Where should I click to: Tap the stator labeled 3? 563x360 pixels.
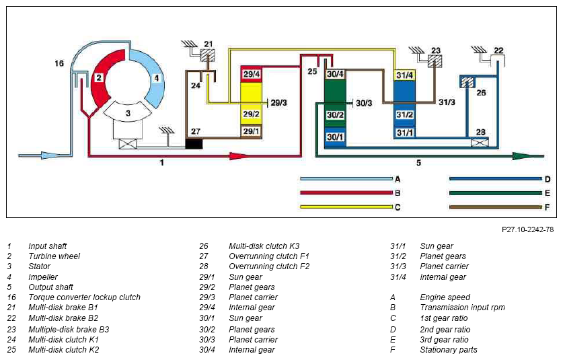click(128, 112)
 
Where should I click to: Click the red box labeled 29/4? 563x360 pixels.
click(251, 75)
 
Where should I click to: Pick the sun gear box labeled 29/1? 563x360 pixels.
click(251, 131)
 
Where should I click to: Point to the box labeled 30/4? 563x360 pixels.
click(335, 74)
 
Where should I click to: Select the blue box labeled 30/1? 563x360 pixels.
click(335, 137)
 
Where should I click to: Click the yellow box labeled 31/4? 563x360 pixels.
click(404, 75)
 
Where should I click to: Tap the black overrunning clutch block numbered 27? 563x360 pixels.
click(194, 144)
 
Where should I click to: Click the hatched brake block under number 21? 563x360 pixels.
click(208, 56)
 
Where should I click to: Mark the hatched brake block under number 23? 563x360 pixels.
click(435, 61)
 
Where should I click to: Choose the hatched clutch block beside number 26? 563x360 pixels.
click(468, 82)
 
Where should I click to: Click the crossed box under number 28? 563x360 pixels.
click(480, 142)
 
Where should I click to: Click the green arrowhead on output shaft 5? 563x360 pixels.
click(523, 156)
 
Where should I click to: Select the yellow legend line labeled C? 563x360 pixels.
click(346, 207)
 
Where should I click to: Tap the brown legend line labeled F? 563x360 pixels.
click(496, 207)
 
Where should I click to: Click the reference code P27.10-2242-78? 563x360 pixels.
click(528, 229)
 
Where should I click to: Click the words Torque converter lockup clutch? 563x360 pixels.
click(84, 297)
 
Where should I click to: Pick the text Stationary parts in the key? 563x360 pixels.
click(449, 350)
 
